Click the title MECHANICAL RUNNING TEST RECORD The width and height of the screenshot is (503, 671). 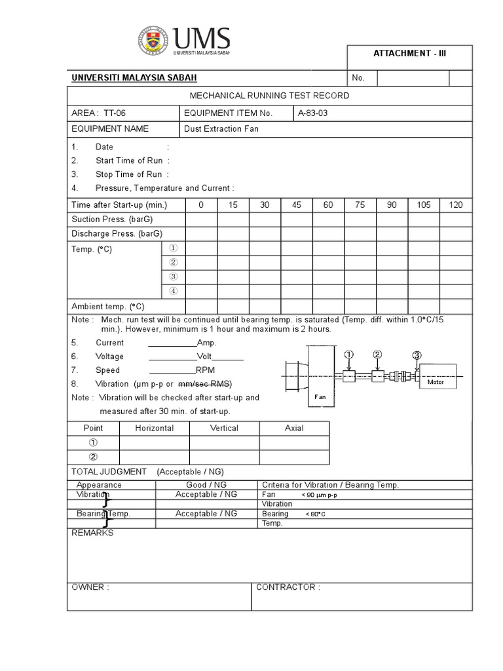pos(269,96)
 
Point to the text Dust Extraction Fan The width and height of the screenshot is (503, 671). pos(221,129)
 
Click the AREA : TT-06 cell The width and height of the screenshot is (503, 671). pos(98,113)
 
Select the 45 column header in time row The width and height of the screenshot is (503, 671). pos(297,205)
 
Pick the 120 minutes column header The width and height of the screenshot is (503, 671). pos(455,205)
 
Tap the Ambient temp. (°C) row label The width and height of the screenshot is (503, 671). pos(108,306)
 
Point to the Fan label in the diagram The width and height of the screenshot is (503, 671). pos(320,397)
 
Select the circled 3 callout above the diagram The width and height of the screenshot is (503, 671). pos(417,355)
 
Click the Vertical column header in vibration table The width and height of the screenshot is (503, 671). pos(224,428)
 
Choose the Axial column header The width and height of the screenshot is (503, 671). pos(294,428)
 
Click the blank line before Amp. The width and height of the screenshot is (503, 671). pos(172,343)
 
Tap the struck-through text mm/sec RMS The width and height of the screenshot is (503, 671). pos(205,384)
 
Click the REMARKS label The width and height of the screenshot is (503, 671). pos(92,533)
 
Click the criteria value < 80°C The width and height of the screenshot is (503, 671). pos(316,514)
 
